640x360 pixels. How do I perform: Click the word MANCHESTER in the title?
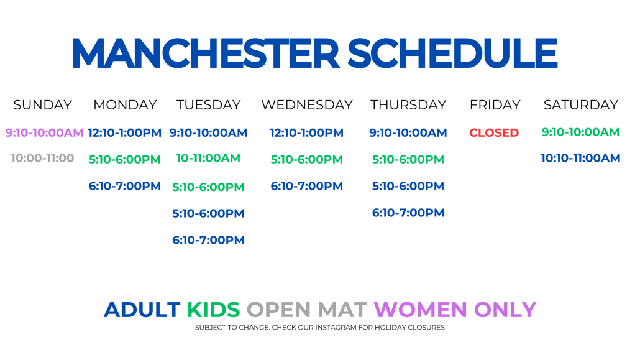(x=206, y=53)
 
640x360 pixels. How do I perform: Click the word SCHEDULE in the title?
(x=452, y=53)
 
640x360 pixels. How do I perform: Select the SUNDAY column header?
(x=43, y=105)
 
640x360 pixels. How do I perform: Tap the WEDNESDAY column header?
(x=307, y=105)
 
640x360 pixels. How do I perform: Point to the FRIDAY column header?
(x=495, y=105)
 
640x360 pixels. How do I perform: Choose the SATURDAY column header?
(x=581, y=105)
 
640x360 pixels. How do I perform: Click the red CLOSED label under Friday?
(x=494, y=133)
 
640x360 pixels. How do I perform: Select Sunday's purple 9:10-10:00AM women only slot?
(x=44, y=133)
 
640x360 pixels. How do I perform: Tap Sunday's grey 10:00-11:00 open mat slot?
(x=42, y=158)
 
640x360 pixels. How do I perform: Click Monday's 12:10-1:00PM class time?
(x=124, y=133)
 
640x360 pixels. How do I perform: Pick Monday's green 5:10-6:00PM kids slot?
(x=125, y=159)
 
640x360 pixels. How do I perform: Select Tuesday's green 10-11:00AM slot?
(x=208, y=158)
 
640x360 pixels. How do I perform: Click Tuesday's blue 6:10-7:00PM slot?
(x=208, y=240)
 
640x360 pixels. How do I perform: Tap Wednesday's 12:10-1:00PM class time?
(x=306, y=133)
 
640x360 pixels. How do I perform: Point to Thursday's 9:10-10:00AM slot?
(x=408, y=133)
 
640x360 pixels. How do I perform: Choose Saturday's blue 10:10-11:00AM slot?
(x=580, y=158)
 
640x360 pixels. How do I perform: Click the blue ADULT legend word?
(x=142, y=310)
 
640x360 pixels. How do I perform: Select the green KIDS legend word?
(x=214, y=310)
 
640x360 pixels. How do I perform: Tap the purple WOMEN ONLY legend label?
(x=455, y=310)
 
